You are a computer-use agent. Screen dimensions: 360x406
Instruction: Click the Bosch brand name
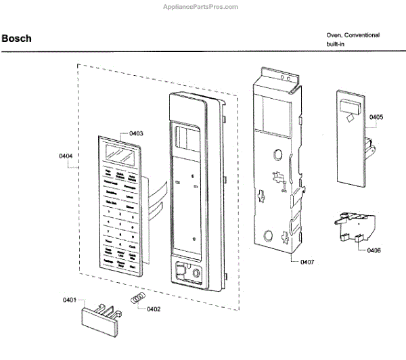pyautogui.click(x=16, y=39)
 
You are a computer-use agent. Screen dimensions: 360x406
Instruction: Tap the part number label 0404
pyautogui.click(x=65, y=156)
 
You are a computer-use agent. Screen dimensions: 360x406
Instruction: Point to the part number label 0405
pyautogui.click(x=376, y=117)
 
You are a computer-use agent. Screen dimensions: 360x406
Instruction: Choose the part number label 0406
pyautogui.click(x=374, y=251)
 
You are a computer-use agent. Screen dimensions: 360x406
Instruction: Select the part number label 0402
pyautogui.click(x=153, y=309)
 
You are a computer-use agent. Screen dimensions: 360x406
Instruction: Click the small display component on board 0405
pyautogui.click(x=349, y=106)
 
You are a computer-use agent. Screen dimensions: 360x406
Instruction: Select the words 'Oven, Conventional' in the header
pyautogui.click(x=353, y=35)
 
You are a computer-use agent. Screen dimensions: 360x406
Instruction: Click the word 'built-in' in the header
pyautogui.click(x=336, y=44)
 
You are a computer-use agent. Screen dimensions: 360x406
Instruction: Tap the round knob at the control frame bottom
pyautogui.click(x=196, y=274)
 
